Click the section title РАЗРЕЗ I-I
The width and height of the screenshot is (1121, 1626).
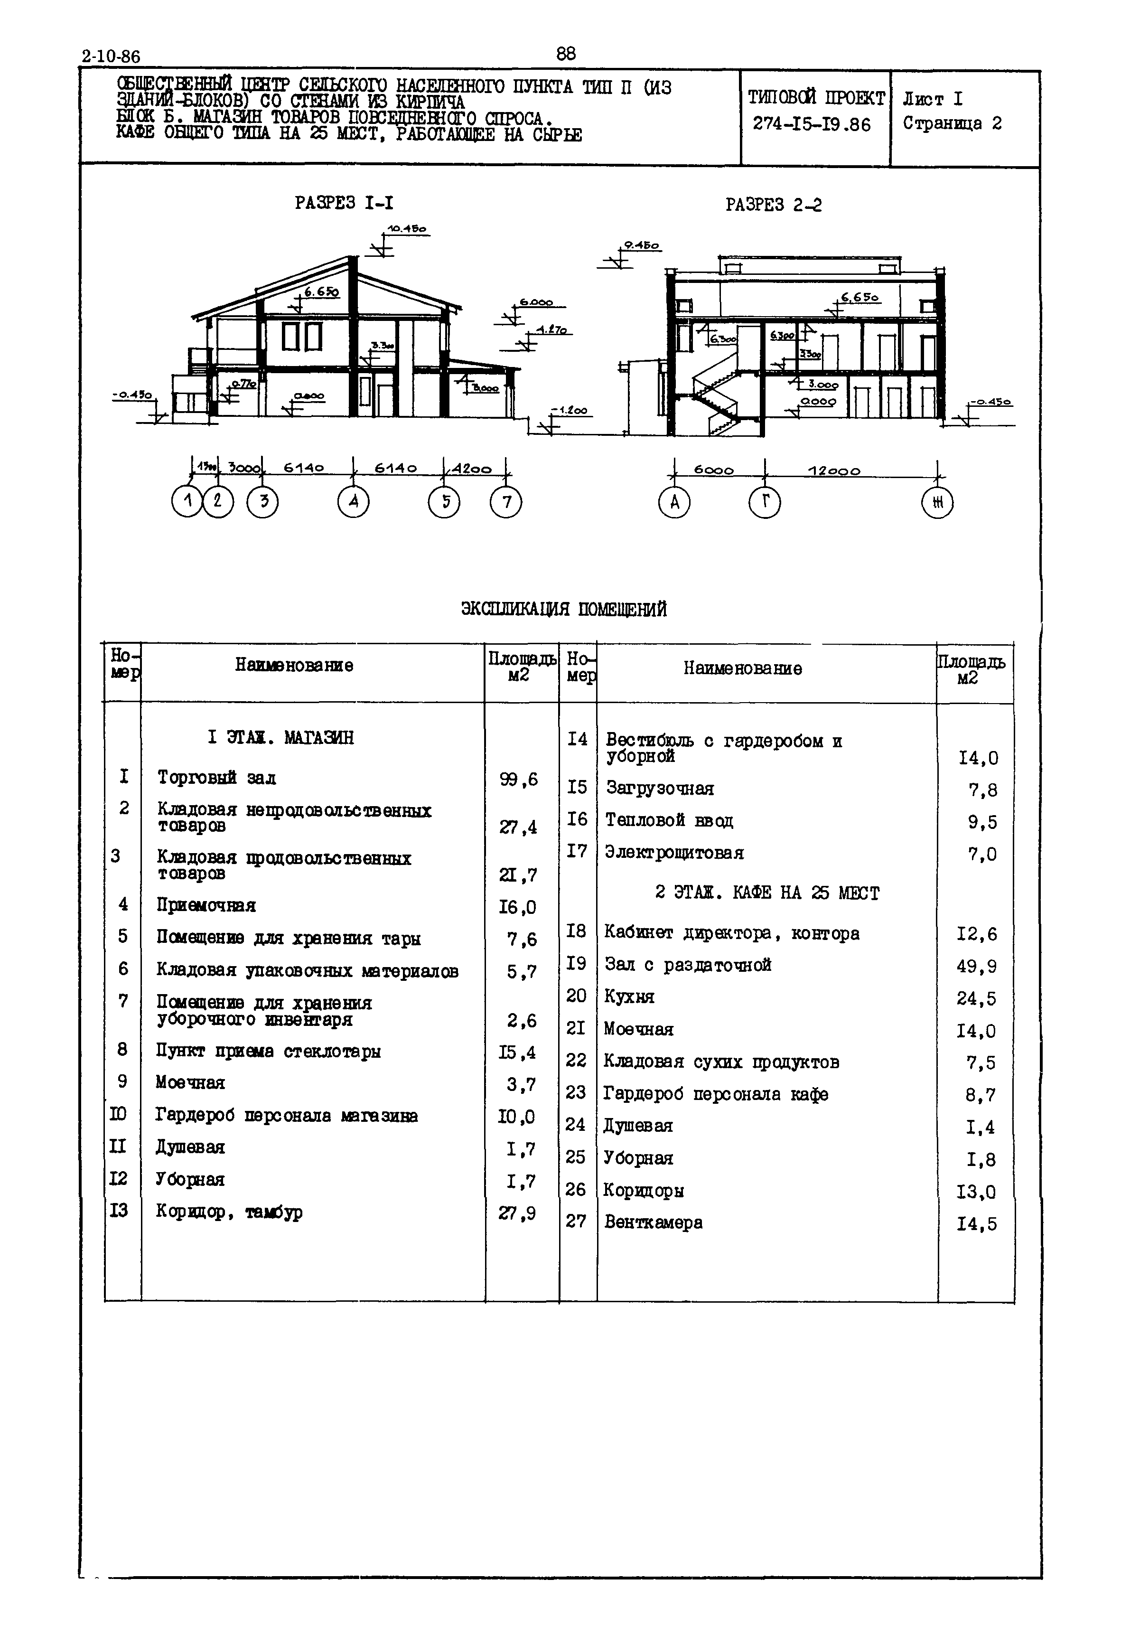(x=344, y=203)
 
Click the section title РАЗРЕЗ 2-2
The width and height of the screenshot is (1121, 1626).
(x=773, y=205)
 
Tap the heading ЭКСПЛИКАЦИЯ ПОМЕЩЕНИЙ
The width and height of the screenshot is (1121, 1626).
(x=563, y=609)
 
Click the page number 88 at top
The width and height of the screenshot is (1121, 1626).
(x=565, y=53)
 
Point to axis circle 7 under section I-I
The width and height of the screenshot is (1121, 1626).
(x=506, y=502)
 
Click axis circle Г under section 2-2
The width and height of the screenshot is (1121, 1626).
(x=765, y=502)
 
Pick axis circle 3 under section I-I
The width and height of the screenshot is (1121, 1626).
(x=263, y=502)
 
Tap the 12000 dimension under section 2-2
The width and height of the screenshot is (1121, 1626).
(x=834, y=471)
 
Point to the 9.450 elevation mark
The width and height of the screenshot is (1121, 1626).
(x=641, y=246)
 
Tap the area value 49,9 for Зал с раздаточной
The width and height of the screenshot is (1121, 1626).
(x=976, y=966)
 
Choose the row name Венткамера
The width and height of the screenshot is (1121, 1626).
(x=653, y=1222)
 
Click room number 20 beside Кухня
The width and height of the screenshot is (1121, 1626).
(x=576, y=996)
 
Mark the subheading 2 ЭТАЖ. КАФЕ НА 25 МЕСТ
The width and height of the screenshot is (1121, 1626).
(x=766, y=893)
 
